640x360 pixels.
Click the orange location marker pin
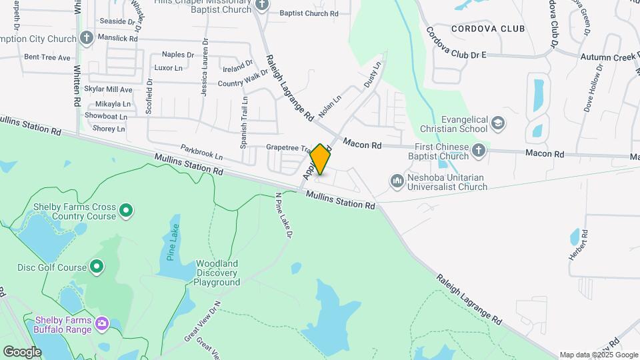coord(321,159)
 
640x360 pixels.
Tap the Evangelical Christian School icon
coord(498,123)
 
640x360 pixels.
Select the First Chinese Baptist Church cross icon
coord(478,151)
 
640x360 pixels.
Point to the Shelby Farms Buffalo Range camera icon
coord(101,324)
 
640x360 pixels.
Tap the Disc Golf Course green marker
coord(97,267)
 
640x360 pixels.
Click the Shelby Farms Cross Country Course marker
coord(126,212)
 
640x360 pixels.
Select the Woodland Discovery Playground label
coord(217,273)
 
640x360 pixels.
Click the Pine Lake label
coord(173,247)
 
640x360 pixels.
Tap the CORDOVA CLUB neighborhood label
coord(488,29)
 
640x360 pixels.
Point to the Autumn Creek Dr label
coord(608,57)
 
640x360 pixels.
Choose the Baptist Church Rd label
coord(309,13)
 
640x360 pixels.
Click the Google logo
coord(22,351)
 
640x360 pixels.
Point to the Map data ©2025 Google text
coord(597,355)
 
